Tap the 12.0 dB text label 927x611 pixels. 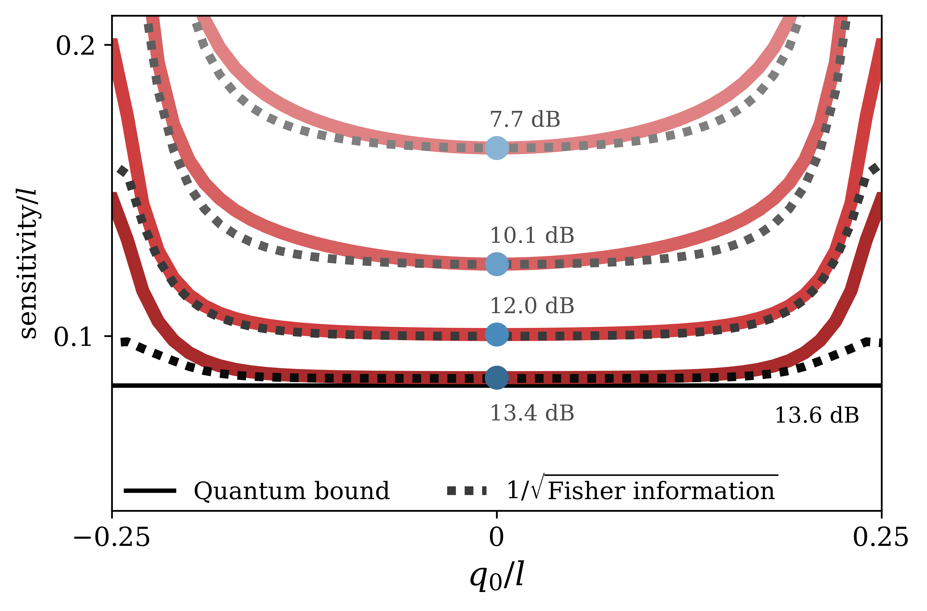[x=532, y=306]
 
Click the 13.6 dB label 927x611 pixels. [x=817, y=415]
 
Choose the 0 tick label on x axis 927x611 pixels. [x=496, y=538]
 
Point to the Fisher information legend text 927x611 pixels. [x=661, y=491]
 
